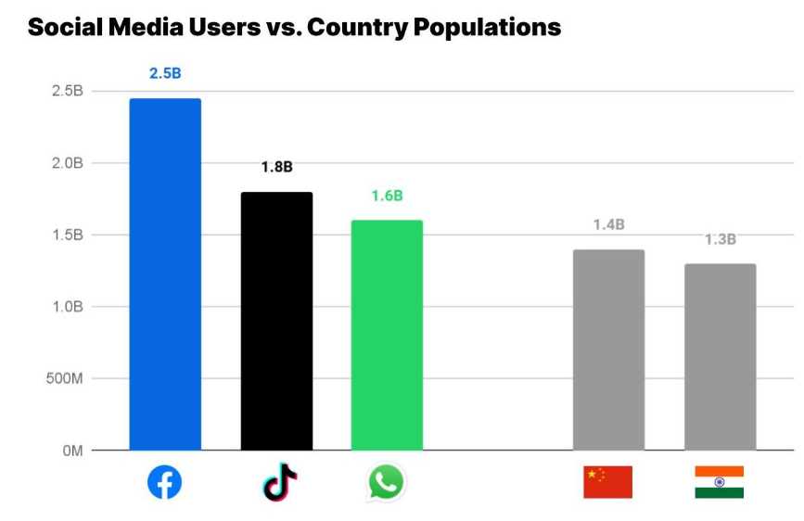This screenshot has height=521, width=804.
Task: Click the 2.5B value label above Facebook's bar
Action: tap(165, 74)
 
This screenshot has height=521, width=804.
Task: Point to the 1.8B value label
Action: tap(276, 168)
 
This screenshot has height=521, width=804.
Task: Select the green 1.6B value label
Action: tap(387, 196)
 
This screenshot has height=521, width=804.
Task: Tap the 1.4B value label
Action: tap(608, 225)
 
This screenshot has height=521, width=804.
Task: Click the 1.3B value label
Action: tap(720, 240)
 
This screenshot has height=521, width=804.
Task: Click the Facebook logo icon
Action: tap(165, 482)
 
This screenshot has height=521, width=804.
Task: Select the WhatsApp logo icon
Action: tap(387, 482)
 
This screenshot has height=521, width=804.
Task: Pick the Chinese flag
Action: tap(607, 482)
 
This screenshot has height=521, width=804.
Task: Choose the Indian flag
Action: tap(719, 482)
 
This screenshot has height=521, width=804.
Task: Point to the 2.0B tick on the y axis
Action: tap(68, 163)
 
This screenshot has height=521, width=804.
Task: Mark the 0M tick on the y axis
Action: tap(72, 451)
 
